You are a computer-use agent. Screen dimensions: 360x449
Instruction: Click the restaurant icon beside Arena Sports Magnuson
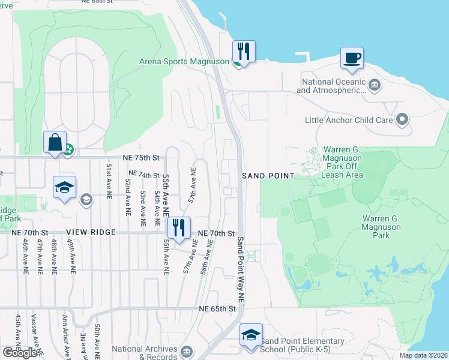[244, 50]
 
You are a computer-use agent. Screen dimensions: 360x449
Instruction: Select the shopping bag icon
[55, 143]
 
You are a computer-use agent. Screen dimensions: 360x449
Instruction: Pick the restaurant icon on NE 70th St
[178, 228]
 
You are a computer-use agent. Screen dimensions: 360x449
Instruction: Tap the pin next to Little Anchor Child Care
[402, 120]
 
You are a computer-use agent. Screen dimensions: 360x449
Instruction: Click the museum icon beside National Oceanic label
[375, 83]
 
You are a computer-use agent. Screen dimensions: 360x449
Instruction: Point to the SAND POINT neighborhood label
[268, 176]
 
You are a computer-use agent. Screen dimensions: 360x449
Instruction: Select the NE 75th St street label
[141, 158]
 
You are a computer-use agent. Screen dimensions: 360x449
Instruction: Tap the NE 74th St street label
[141, 175]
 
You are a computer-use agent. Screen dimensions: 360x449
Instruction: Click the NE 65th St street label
[219, 308]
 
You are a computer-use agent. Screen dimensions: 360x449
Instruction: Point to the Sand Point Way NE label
[240, 269]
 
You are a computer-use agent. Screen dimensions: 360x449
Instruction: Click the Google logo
[19, 352]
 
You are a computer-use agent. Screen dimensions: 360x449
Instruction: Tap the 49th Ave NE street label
[71, 256]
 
